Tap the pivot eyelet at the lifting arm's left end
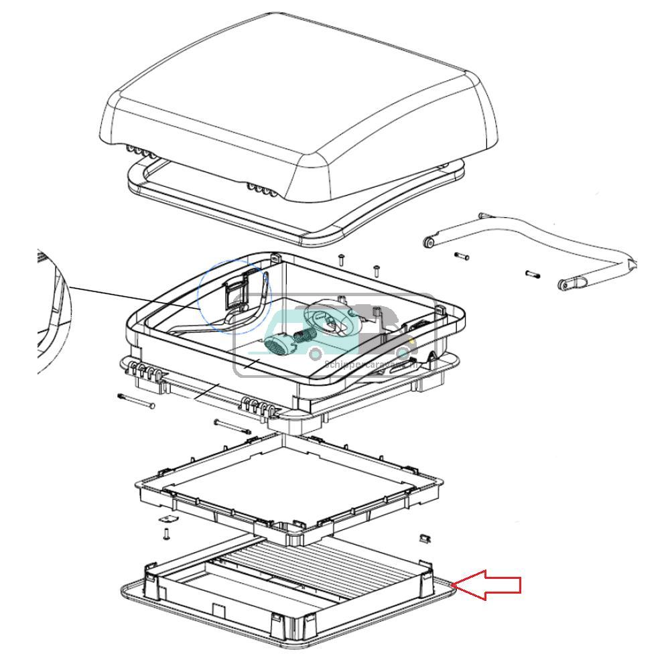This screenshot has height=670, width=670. pyautogui.click(x=428, y=240)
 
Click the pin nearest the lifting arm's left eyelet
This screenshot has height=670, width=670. pyautogui.click(x=462, y=256)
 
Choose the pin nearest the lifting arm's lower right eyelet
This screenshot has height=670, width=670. pyautogui.click(x=533, y=273)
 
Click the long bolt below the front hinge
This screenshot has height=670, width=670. pyautogui.click(x=232, y=426)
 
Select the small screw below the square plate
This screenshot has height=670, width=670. pyautogui.click(x=166, y=534)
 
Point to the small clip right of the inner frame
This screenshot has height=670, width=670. pyautogui.click(x=423, y=537)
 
